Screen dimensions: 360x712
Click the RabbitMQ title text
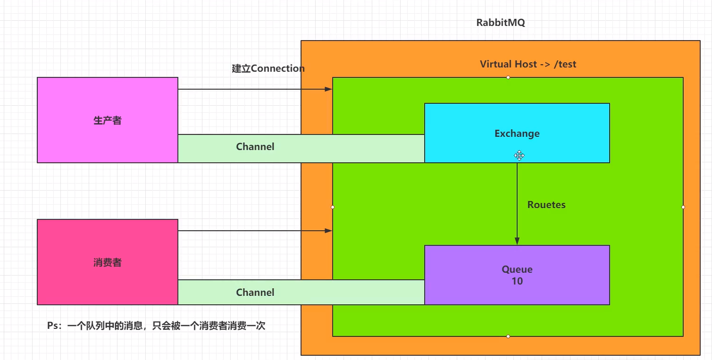tap(501, 23)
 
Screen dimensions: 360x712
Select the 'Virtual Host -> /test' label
tap(528, 64)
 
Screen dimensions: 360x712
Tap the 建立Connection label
tap(268, 68)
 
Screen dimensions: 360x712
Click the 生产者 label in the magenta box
tap(108, 120)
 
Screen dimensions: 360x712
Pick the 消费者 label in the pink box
tap(108, 262)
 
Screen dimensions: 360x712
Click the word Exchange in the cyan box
tap(517, 134)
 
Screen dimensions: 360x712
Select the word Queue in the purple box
tap(517, 269)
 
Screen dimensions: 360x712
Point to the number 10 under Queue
tap(517, 281)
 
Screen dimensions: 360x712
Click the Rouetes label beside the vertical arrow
tap(546, 205)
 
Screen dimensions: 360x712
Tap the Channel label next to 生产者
tap(255, 147)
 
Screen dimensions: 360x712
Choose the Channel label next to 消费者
tap(255, 293)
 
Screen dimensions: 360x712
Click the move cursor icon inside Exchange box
tap(519, 155)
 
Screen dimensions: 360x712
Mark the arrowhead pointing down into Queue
tap(517, 241)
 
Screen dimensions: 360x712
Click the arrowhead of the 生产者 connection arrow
tap(329, 89)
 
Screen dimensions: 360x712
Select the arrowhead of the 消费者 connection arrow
tap(329, 231)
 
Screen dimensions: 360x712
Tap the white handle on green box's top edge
tap(508, 77)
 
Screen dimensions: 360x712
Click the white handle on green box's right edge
tap(683, 207)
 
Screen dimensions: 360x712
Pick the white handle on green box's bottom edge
tap(508, 336)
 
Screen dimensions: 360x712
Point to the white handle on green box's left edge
tap(333, 207)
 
